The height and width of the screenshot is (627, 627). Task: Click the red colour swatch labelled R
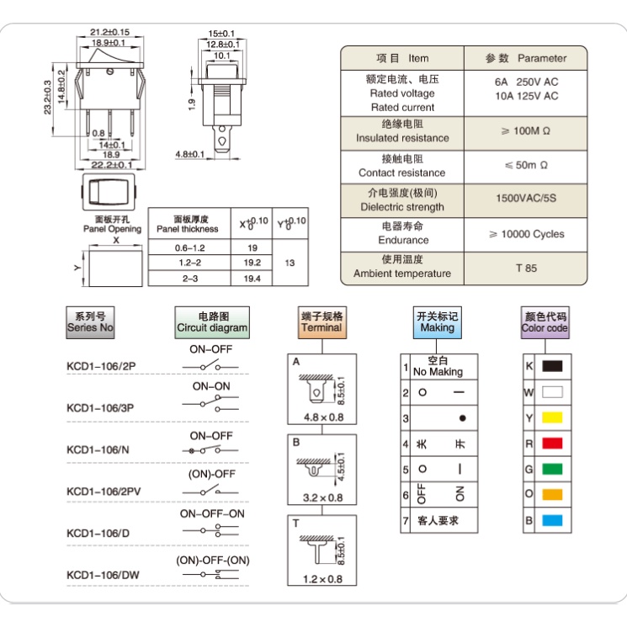click(552, 443)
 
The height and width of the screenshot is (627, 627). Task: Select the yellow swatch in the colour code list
click(552, 417)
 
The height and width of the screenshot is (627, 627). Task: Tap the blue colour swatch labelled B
click(552, 520)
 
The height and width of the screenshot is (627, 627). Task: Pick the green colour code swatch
click(552, 469)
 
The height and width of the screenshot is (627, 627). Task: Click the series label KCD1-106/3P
click(100, 408)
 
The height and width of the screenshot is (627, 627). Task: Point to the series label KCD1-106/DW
click(103, 576)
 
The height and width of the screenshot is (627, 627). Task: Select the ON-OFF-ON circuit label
click(212, 513)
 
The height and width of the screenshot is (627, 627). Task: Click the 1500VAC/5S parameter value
click(526, 199)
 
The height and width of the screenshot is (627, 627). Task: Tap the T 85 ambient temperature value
click(526, 268)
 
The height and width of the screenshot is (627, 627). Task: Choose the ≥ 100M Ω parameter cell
click(526, 131)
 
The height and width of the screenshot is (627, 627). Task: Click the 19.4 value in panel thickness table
click(252, 278)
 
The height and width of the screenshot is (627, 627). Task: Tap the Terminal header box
click(321, 321)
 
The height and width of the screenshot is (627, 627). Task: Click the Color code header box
click(545, 322)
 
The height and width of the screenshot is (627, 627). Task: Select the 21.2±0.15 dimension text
click(109, 33)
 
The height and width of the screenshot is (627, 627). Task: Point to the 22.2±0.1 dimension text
click(111, 166)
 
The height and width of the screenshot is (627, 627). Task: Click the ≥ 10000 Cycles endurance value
click(526, 234)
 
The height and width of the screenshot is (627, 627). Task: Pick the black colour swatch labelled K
click(552, 366)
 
